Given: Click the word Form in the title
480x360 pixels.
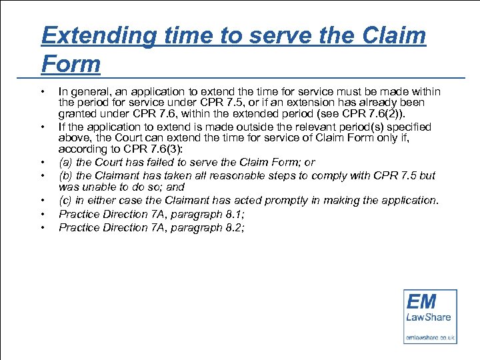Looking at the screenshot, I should coord(71,64).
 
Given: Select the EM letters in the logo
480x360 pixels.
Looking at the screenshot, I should coord(421,301).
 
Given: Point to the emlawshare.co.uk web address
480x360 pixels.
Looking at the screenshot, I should coord(430,337).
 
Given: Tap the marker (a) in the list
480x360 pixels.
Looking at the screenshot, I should coord(65,162).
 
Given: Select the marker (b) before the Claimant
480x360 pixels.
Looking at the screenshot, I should coord(65,175).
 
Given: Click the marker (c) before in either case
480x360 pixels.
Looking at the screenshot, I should coord(65,201).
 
